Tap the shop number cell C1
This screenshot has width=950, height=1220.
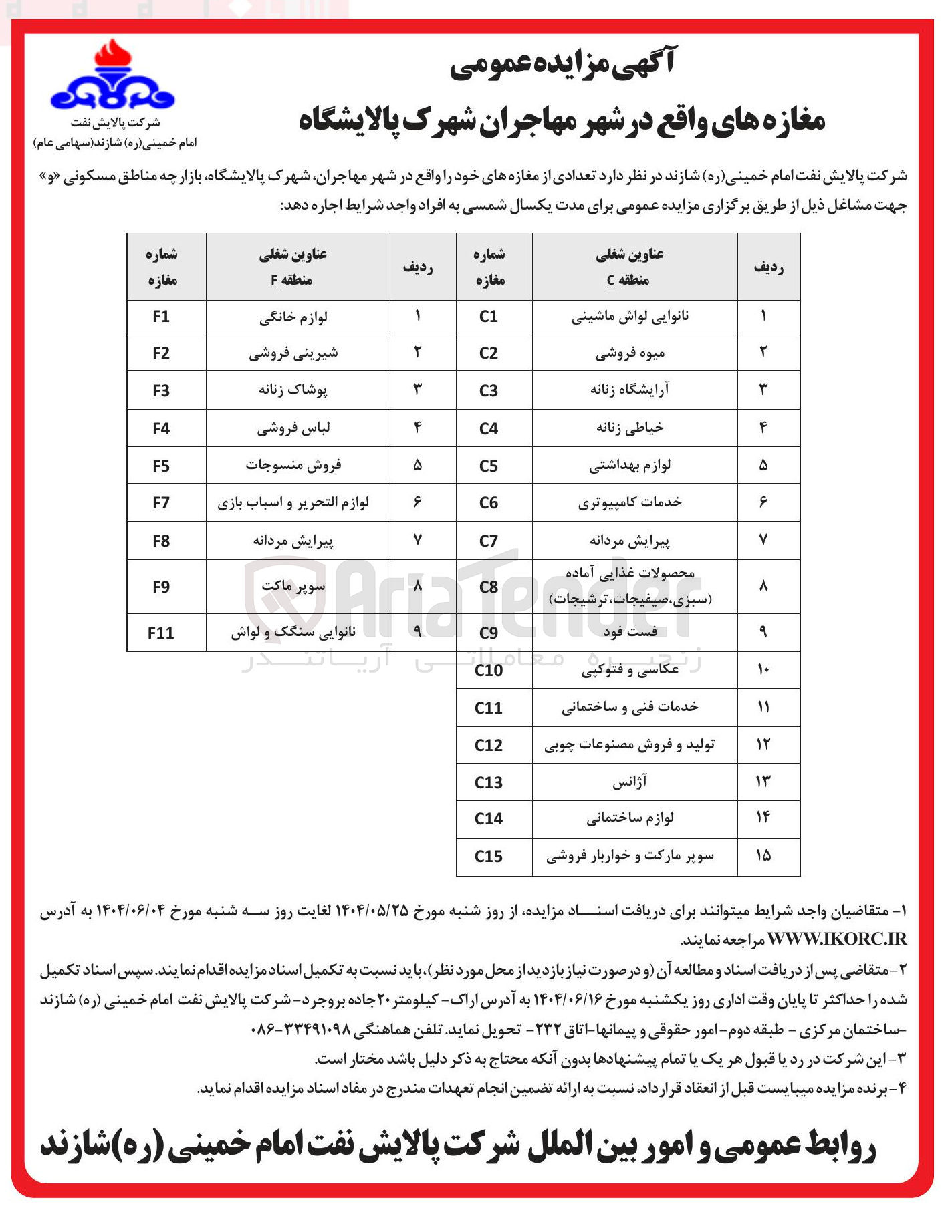pos(489,317)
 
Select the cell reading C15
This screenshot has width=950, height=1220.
pos(489,856)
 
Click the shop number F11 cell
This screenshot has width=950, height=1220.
pos(161,632)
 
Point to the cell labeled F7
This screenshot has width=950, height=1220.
pos(161,502)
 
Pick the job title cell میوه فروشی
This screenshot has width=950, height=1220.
pos(630,353)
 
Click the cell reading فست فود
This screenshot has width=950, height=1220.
pos(630,631)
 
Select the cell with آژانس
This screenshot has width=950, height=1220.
pos(630,782)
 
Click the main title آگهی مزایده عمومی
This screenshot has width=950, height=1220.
pos(563,65)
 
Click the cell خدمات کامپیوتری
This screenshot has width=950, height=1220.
pos(630,502)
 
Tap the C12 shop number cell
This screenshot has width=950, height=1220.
pos(489,745)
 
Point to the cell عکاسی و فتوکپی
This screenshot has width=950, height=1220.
pos(630,669)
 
